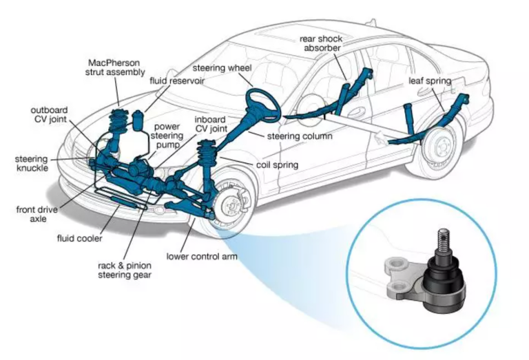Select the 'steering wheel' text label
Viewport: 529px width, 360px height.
click(x=222, y=67)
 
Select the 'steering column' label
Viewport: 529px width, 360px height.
click(x=300, y=136)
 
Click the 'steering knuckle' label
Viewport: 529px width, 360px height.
click(x=31, y=163)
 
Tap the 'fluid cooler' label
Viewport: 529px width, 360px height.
click(x=79, y=238)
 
